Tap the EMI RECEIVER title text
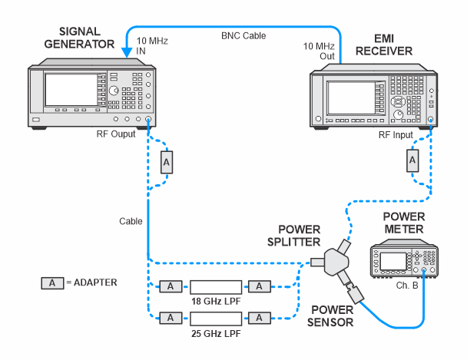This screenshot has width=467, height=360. (x=384, y=44)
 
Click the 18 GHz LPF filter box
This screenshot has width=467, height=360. (x=216, y=286)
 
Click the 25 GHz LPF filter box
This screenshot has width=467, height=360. (x=216, y=316)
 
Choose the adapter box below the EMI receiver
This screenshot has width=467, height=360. (x=412, y=160)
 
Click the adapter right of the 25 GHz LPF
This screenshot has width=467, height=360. (x=261, y=316)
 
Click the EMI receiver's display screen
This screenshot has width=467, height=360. (x=349, y=98)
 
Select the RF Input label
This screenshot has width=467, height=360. (x=396, y=134)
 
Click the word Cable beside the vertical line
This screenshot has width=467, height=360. (x=131, y=220)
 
